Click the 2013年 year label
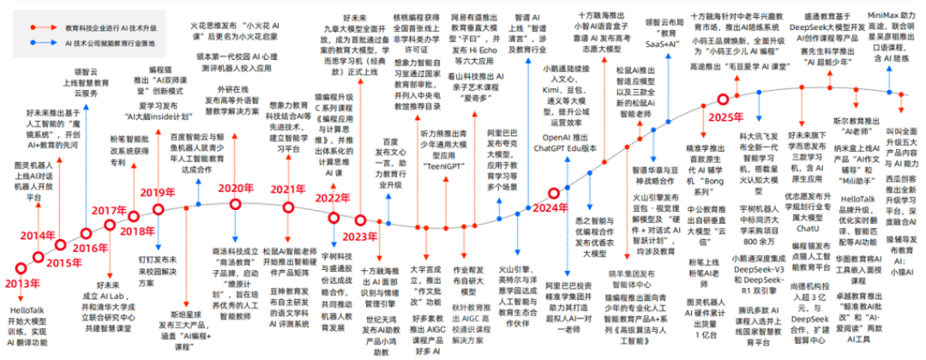tap(23, 283)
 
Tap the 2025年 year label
tap(708, 141)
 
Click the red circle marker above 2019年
tap(158, 208)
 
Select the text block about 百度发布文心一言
tap(389, 175)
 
